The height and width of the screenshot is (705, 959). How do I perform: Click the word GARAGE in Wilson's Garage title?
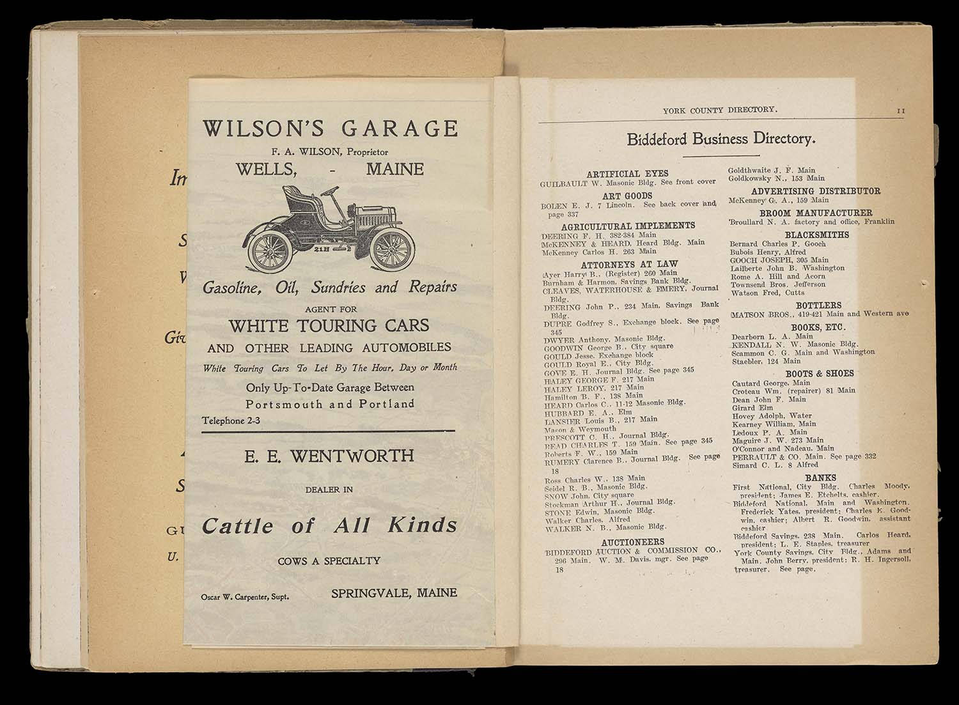pos(400,128)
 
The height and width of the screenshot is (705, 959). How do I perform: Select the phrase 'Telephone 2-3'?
pos(231,421)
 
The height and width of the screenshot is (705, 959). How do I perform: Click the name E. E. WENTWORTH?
pos(329,456)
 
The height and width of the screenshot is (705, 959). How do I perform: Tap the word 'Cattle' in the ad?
pos(237,525)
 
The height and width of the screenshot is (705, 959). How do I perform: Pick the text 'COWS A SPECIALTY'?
pos(329,561)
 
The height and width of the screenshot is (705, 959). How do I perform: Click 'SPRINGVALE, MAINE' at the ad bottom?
pos(394,593)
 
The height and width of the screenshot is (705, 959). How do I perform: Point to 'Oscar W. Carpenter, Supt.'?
pos(244,596)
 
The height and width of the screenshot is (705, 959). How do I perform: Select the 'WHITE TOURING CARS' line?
pos(329,326)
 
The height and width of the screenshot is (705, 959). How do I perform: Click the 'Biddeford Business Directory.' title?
pos(721,139)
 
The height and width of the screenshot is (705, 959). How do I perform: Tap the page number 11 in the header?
pos(901,111)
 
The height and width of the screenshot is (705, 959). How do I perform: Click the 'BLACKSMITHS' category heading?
pos(816,235)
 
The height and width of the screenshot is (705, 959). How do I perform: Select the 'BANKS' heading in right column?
pos(820,477)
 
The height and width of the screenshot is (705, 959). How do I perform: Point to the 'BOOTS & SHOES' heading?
pos(819,373)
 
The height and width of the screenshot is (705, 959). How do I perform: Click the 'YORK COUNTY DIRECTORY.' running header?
pos(720,110)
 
